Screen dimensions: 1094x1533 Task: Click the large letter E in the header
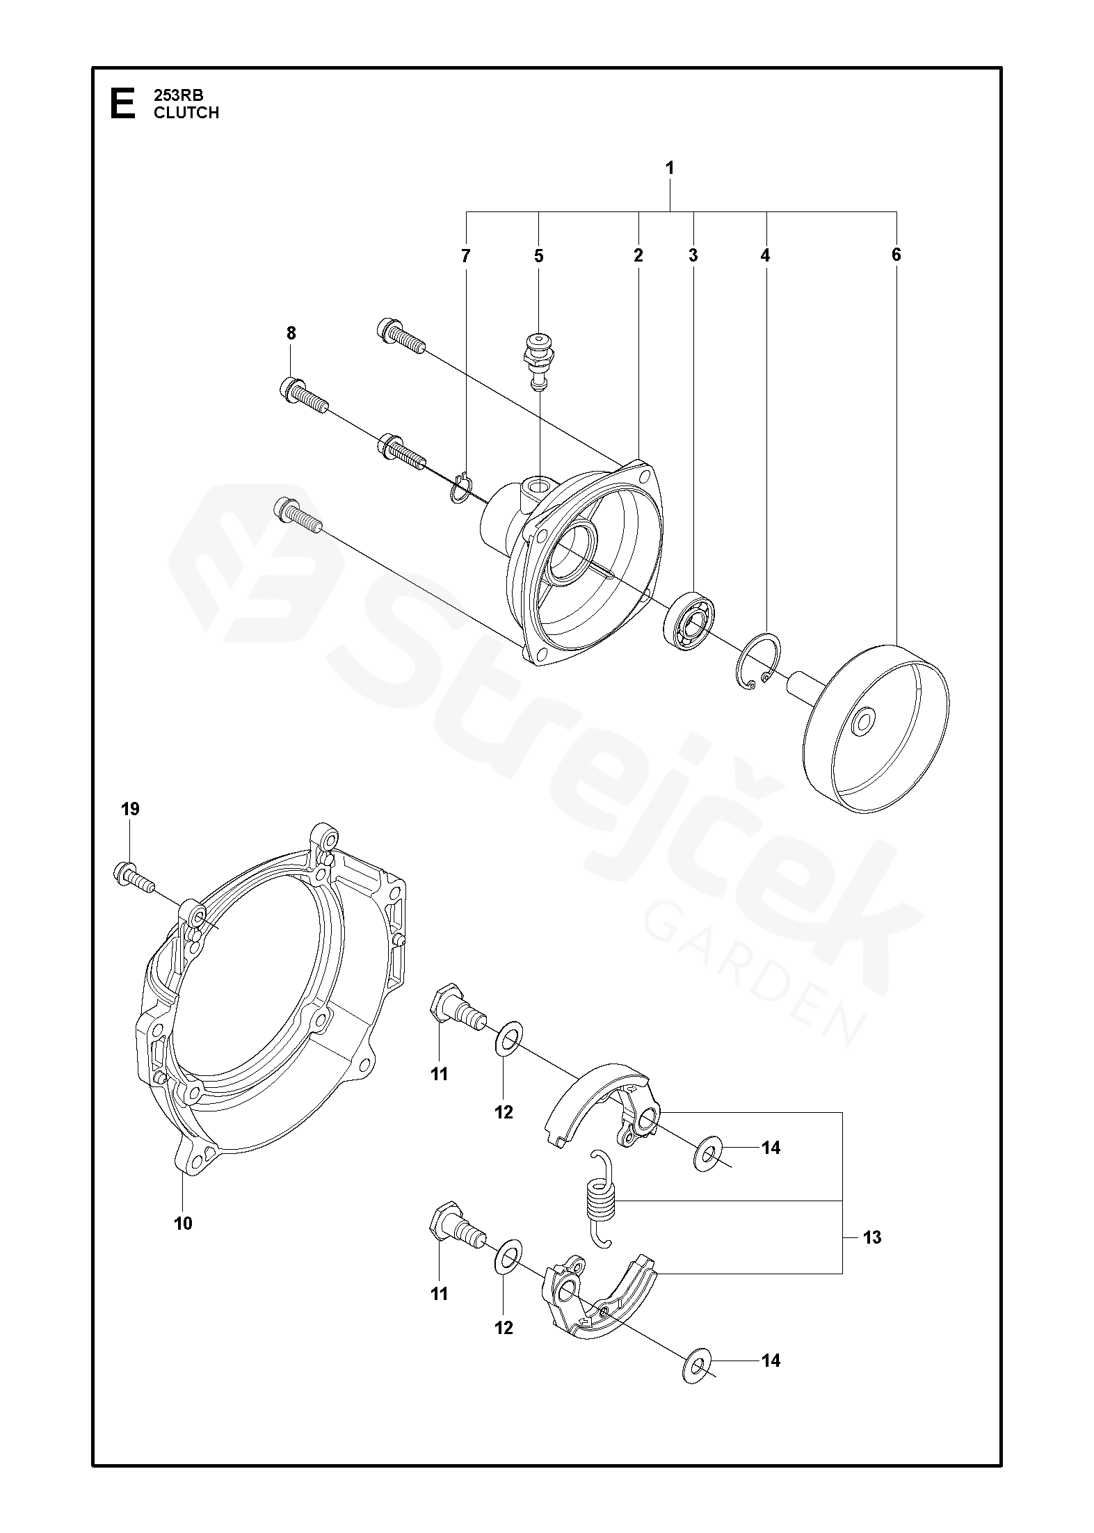click(x=122, y=104)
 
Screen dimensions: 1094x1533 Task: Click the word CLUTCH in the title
click(x=186, y=113)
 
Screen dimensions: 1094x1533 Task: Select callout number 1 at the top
click(x=670, y=168)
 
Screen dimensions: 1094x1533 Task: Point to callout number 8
click(x=291, y=334)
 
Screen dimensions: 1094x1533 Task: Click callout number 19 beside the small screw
click(x=130, y=809)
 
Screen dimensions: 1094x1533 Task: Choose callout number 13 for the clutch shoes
click(x=871, y=1237)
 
